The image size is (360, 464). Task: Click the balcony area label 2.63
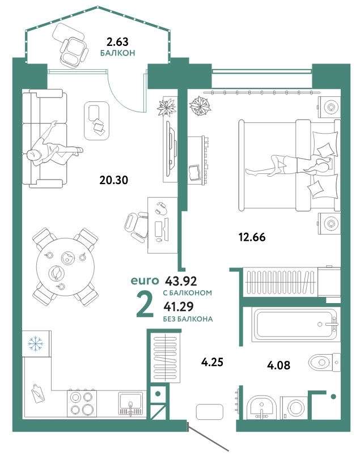[117, 42]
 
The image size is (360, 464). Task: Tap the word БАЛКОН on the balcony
[117, 53]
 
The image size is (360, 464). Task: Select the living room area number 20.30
[114, 180]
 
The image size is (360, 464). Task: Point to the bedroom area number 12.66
[252, 237]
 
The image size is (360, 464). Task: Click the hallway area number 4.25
[212, 361]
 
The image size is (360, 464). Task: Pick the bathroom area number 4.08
[278, 365]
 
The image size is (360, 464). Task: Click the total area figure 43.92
[181, 280]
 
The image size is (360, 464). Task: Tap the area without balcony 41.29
[179, 307]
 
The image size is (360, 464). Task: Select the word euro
[145, 280]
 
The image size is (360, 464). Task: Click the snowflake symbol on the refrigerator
[36, 343]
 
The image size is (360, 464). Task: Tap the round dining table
[65, 267]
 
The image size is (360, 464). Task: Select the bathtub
[296, 324]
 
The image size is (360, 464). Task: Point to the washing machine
[295, 408]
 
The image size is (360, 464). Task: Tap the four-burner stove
[82, 403]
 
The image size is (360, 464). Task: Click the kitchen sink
[130, 403]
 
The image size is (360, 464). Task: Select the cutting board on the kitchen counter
[38, 393]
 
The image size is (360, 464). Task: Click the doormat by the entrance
[209, 412]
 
